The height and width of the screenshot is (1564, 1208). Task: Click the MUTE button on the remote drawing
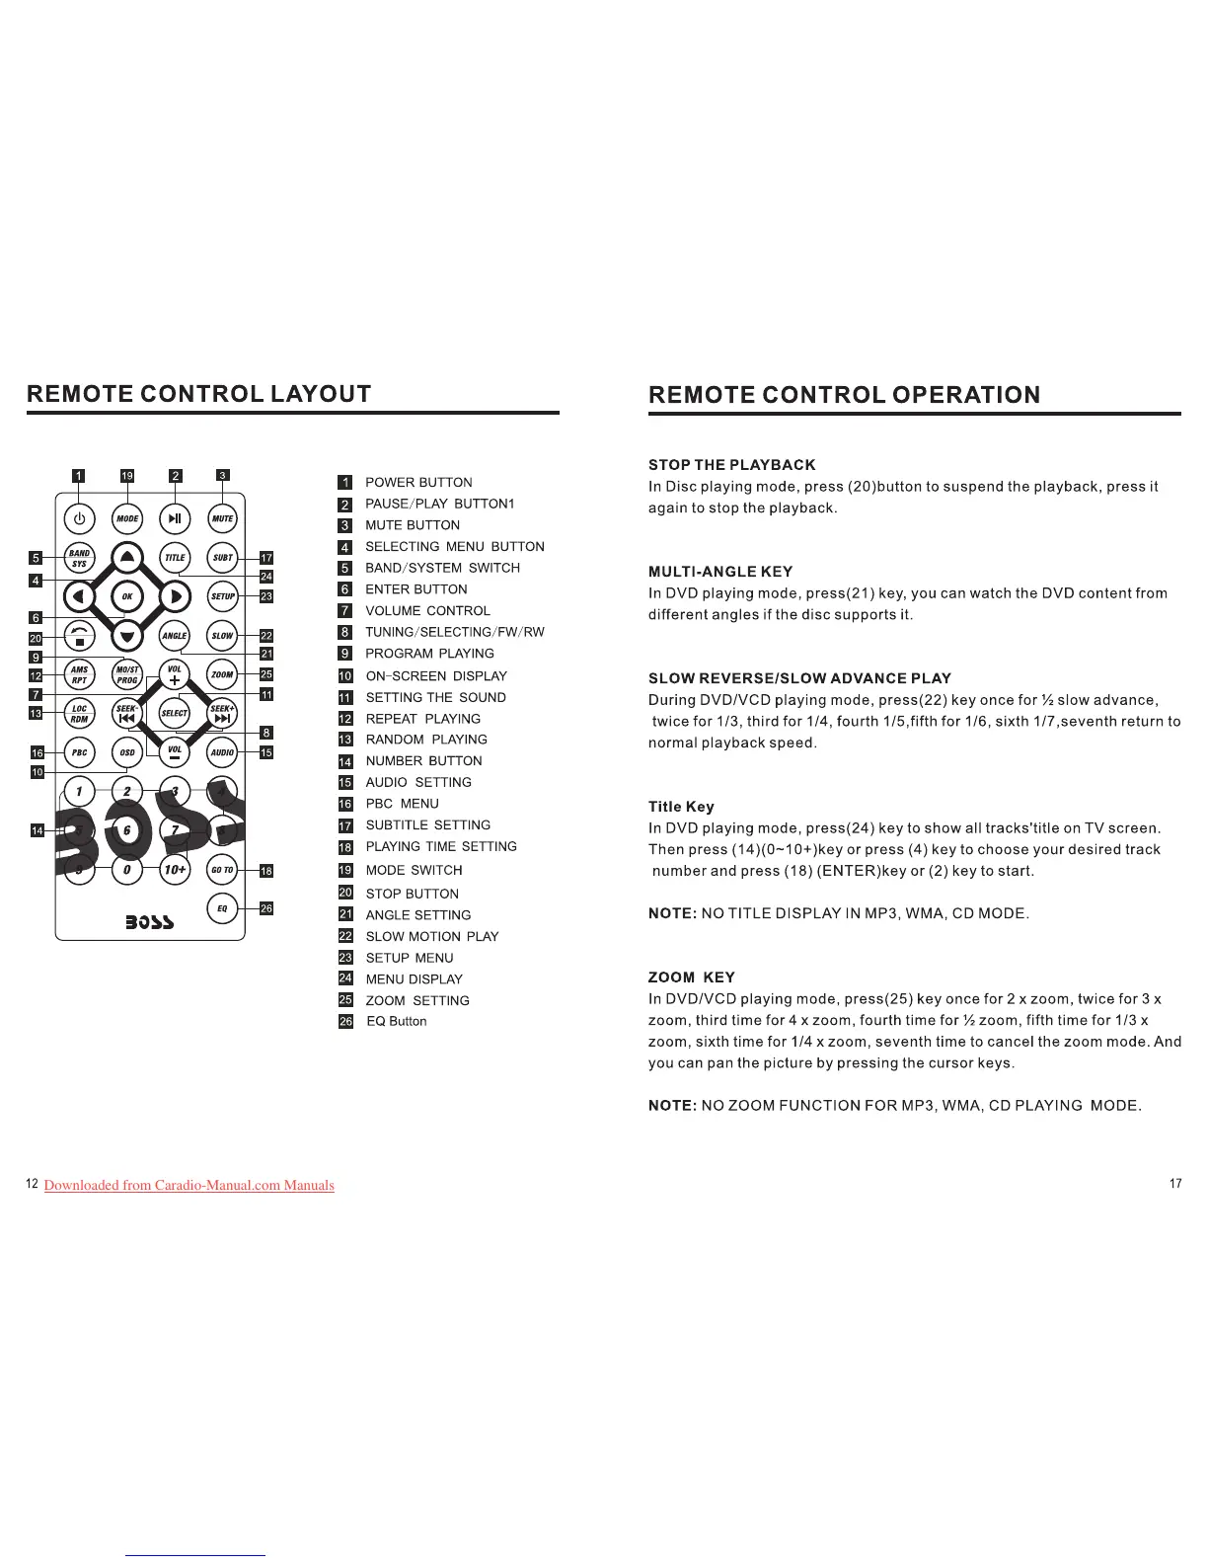tap(223, 518)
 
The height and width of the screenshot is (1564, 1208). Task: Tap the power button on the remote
tap(80, 518)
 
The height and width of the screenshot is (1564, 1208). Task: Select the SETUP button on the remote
tap(223, 596)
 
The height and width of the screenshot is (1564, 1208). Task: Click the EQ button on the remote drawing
tap(223, 908)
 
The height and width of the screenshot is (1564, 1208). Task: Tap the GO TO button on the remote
tap(223, 870)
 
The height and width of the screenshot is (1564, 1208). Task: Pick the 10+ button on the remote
tap(175, 870)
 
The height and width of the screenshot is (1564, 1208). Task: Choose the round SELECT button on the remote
tap(175, 713)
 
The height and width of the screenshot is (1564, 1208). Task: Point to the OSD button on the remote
tap(127, 752)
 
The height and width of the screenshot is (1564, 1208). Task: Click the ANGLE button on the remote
tap(175, 636)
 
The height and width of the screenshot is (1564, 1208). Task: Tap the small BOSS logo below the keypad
tap(150, 922)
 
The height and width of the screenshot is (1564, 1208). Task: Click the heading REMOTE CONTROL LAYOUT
tap(199, 395)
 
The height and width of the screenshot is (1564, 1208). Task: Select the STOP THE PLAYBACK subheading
tap(731, 465)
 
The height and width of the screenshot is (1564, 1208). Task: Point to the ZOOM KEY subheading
tap(691, 977)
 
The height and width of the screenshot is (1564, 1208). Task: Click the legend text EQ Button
tap(397, 1022)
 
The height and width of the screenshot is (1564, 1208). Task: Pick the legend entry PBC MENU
tap(402, 804)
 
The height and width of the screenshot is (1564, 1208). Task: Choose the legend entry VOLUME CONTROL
tap(427, 611)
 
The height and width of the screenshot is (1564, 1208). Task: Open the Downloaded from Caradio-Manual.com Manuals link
tap(189, 1185)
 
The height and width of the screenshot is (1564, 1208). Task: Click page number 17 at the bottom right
tap(1174, 1183)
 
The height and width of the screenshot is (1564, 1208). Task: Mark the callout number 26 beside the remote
tap(265, 908)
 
